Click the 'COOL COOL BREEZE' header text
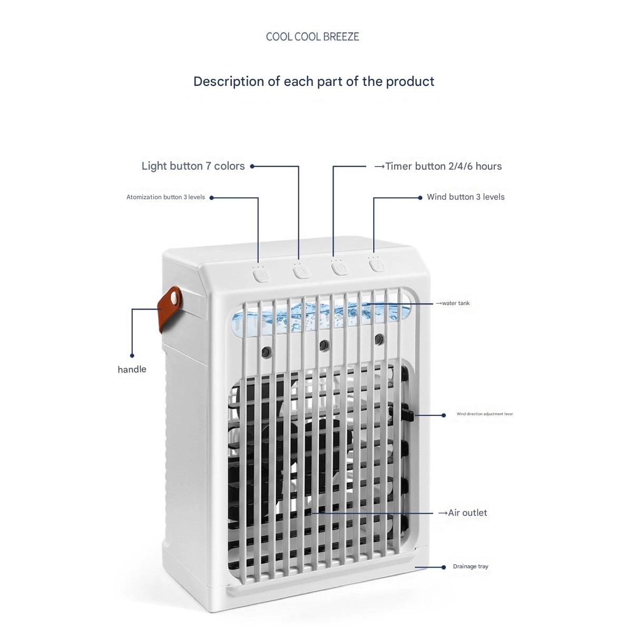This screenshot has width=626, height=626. (x=312, y=37)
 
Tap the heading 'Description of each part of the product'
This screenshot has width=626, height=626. (x=314, y=82)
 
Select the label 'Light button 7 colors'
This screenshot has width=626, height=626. (x=193, y=166)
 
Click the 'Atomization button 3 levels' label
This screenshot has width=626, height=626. (x=165, y=197)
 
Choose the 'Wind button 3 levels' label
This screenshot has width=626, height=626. (x=465, y=197)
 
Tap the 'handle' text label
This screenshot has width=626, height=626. (x=132, y=369)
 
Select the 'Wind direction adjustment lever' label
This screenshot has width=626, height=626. (x=484, y=414)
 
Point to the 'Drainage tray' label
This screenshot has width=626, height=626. (x=471, y=566)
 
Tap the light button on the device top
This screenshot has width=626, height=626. (x=301, y=272)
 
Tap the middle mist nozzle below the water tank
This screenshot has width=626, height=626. (x=323, y=345)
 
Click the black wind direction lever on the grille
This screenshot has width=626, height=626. (x=407, y=414)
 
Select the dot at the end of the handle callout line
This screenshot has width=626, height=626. (x=132, y=356)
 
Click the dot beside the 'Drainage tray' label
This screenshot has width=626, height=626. (x=444, y=567)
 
